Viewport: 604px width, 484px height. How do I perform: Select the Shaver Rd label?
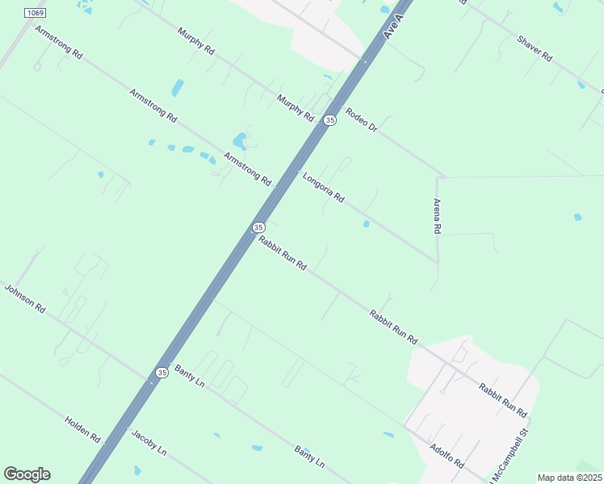(x=534, y=48)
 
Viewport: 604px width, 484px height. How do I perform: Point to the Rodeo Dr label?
(x=361, y=121)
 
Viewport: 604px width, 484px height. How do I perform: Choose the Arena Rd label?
(x=437, y=216)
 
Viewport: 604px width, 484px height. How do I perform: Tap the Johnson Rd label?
(x=25, y=298)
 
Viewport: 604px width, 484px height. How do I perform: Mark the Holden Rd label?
(x=82, y=429)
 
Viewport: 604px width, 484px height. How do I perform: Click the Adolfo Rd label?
(x=447, y=456)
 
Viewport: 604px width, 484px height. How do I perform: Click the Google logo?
(x=27, y=474)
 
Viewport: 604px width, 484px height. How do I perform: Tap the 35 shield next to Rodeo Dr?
(x=329, y=120)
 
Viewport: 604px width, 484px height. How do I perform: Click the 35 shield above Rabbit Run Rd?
(x=258, y=227)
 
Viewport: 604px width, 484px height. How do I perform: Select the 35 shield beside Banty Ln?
(x=161, y=373)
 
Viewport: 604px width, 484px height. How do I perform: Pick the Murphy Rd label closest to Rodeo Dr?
(x=295, y=108)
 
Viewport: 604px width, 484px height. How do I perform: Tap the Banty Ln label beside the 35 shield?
(x=190, y=376)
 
